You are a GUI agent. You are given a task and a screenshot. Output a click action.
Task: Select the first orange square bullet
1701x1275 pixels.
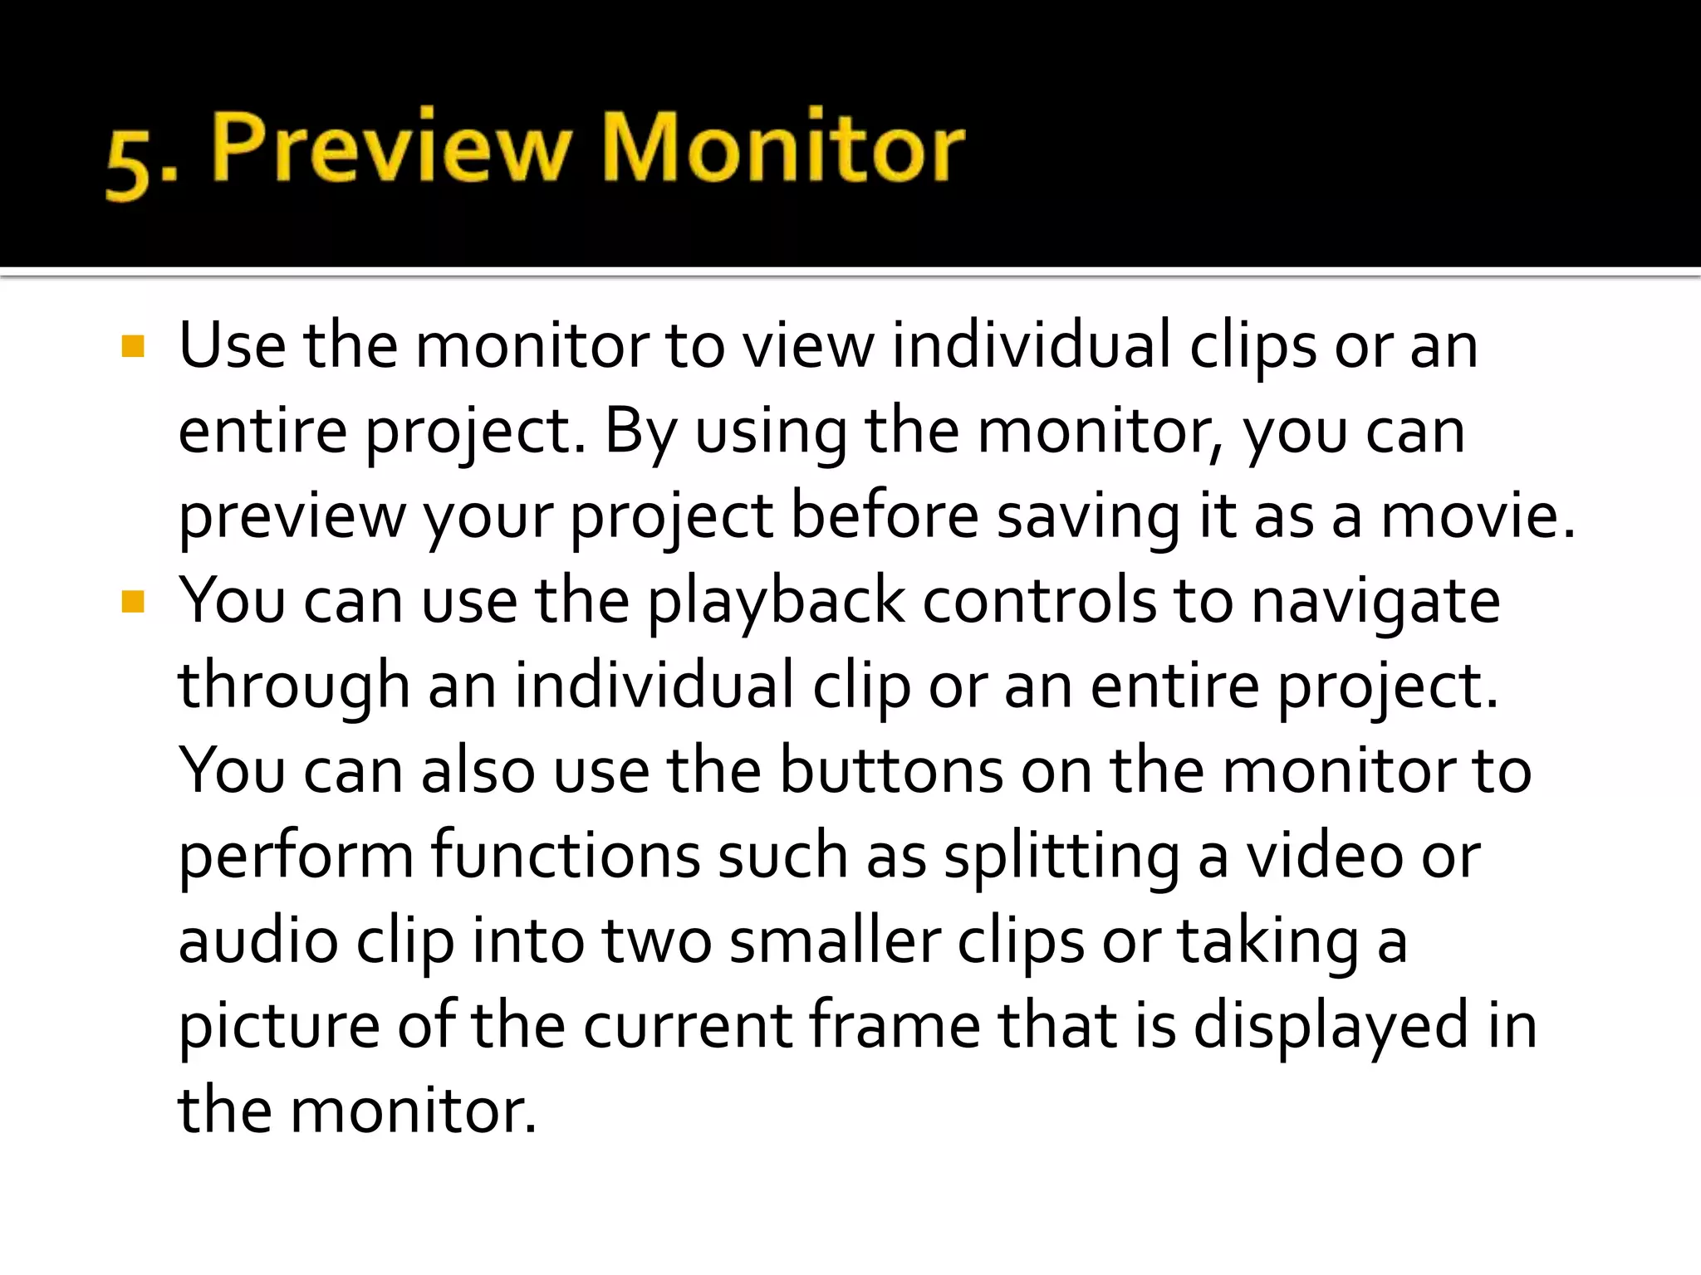[133, 346]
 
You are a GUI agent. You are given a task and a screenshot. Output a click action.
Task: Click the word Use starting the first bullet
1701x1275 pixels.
[232, 346]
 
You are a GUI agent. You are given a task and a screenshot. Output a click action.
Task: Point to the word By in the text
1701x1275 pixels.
[640, 432]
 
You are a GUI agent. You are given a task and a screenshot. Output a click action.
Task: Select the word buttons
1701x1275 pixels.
[891, 771]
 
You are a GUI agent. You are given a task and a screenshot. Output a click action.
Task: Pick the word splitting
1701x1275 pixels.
[1061, 857]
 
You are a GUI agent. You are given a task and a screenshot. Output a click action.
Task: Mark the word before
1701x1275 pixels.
[885, 516]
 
